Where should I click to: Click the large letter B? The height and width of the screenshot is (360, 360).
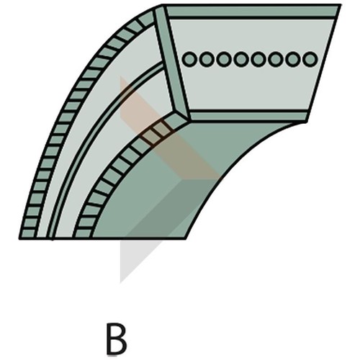point(117,339)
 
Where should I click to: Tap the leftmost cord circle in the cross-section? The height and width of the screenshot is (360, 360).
point(189,59)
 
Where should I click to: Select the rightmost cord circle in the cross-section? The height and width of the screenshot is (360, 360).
point(310,59)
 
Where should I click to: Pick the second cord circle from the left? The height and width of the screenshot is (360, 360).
point(207,59)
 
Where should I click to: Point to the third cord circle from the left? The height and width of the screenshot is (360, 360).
point(224,59)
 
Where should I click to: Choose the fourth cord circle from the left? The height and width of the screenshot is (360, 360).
point(241,59)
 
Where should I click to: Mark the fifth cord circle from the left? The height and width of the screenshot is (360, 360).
point(258,59)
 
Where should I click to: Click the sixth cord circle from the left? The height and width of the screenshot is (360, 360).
point(276,59)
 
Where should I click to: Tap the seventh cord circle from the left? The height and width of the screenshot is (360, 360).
point(293,59)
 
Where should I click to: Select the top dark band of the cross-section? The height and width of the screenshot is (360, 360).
point(252,11)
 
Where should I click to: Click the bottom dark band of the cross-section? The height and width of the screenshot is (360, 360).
point(248,116)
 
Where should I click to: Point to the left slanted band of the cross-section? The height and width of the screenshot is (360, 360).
point(171,63)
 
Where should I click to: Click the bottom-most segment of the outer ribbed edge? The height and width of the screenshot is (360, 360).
point(28,234)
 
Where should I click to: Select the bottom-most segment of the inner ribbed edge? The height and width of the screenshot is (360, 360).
point(83,234)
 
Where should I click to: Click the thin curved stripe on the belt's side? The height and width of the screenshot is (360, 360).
point(86,135)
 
